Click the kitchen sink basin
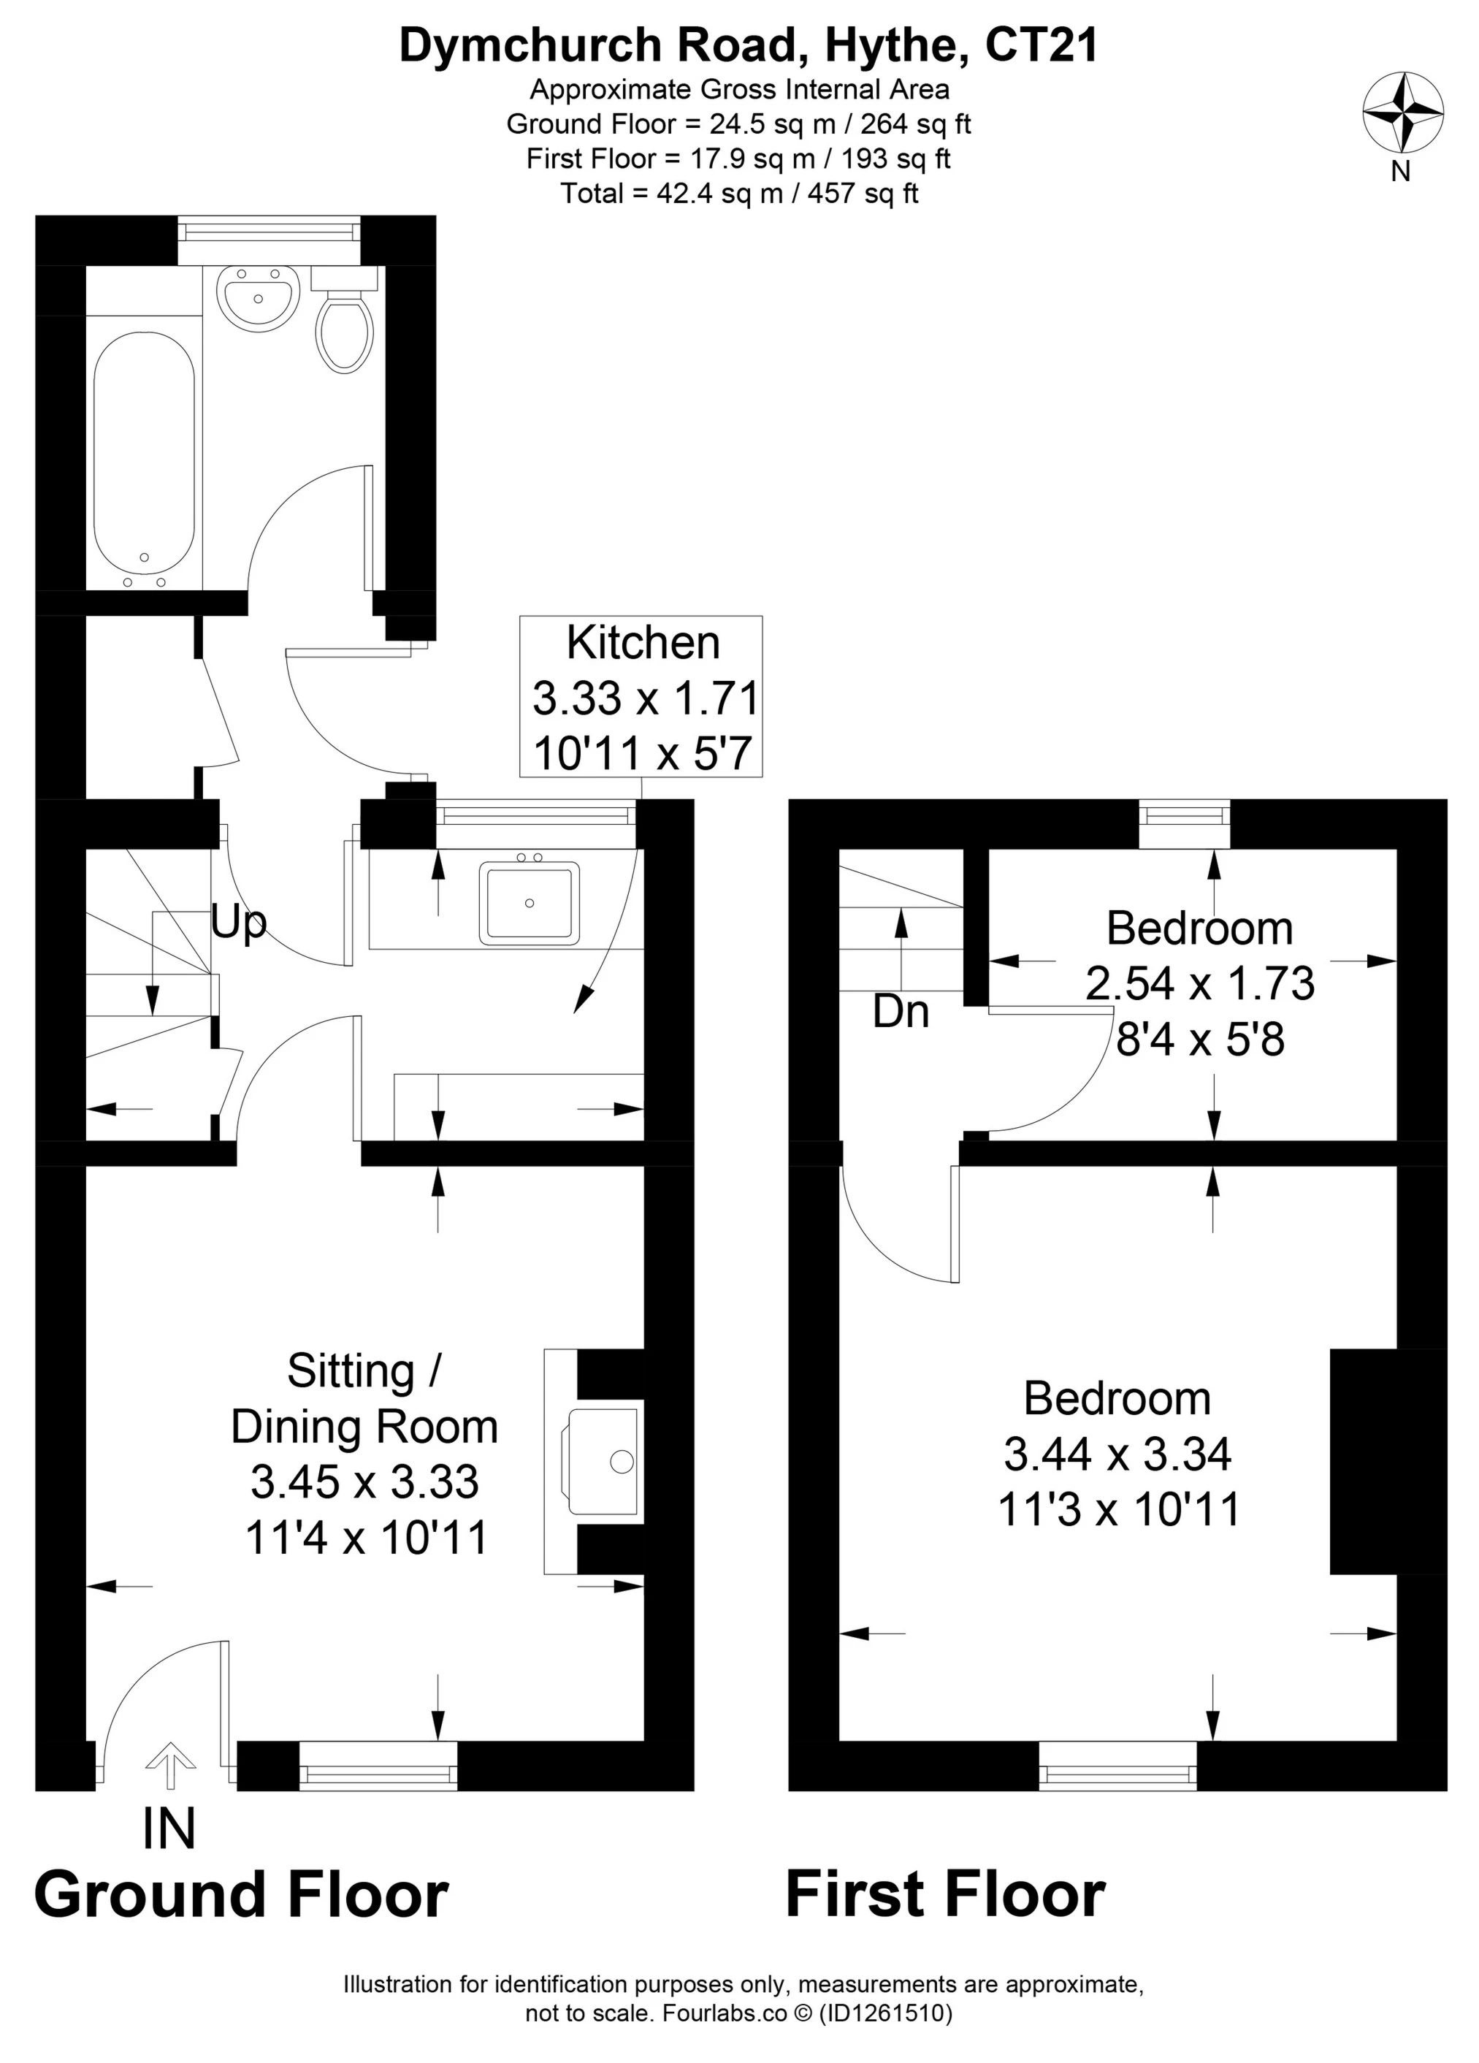tap(530, 901)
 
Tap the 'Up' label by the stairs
tap(238, 923)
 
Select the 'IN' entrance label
tap(169, 1829)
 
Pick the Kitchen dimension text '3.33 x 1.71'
tap(645, 698)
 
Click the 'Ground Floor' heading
tap(241, 1895)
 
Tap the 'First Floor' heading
tap(945, 1895)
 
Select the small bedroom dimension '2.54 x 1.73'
tap(1200, 983)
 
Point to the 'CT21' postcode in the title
tap(1042, 45)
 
